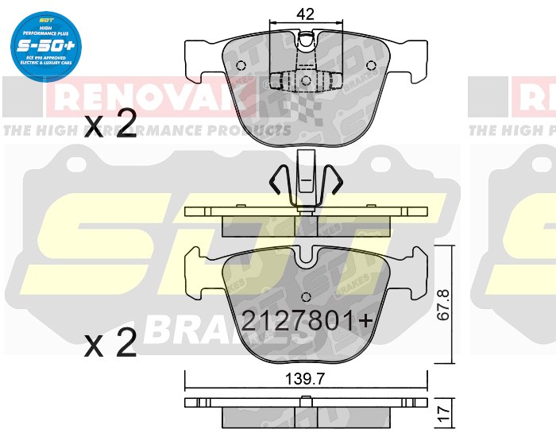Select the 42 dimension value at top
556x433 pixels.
tap(307, 13)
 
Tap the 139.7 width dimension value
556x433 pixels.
tap(306, 380)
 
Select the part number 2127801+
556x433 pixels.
tap(306, 320)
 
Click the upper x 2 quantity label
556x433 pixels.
tap(110, 127)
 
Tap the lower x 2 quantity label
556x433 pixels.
tap(110, 344)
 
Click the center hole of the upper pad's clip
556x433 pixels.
tap(306, 79)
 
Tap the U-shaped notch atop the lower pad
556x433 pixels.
tap(306, 257)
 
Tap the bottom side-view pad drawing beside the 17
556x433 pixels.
tap(306, 412)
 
